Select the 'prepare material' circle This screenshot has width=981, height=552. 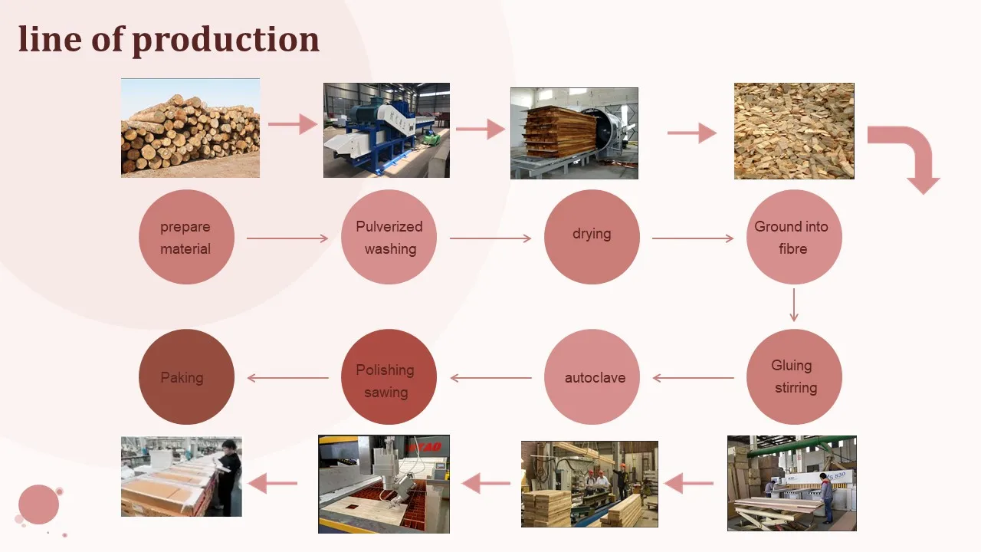186,238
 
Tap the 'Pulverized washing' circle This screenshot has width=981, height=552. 389,238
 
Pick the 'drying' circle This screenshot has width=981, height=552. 592,238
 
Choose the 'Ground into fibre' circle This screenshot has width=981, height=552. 793,238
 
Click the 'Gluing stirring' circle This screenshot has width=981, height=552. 794,376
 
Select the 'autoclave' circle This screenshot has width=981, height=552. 592,377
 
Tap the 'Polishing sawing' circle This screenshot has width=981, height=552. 389,377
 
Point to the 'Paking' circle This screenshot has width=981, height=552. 186,377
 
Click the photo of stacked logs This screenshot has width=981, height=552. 190,128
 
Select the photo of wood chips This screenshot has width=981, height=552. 794,131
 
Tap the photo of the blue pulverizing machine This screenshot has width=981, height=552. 386,130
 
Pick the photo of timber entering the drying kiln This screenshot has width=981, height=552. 574,133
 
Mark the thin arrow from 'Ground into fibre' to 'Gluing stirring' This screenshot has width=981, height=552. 794,305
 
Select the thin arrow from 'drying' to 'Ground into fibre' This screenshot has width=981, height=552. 693,238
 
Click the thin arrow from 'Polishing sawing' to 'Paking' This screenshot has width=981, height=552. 287,378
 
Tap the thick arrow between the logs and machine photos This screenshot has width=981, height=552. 292,124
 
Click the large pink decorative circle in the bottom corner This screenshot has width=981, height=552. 39,504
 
